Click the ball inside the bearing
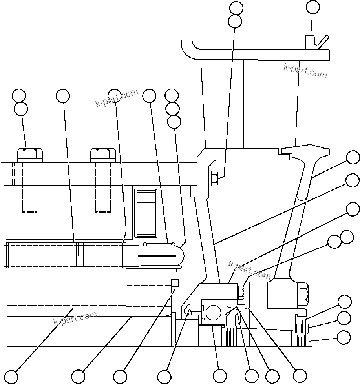point(213,312)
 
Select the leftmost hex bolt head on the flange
point(30,154)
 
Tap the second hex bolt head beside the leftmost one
point(103,154)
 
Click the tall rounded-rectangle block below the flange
point(146,213)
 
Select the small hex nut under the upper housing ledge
point(214,178)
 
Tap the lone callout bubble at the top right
point(313,7)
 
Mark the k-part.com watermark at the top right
point(305,71)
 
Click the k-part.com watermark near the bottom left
point(75,318)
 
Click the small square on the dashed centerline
point(175,283)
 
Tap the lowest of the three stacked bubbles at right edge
point(344,337)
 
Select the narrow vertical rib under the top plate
point(246,104)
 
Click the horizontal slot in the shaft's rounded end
point(157,256)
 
